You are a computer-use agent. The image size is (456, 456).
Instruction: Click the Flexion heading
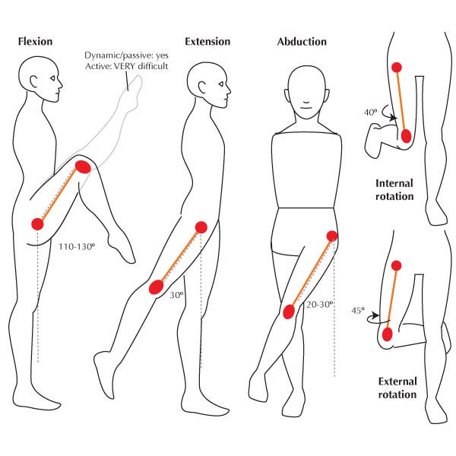[x=36, y=40]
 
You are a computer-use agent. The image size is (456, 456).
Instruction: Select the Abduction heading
[x=302, y=42]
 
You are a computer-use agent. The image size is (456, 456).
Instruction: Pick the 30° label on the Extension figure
[x=176, y=294]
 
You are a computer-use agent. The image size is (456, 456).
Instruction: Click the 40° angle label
[x=371, y=112]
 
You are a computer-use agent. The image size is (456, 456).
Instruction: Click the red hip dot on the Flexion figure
[x=36, y=223]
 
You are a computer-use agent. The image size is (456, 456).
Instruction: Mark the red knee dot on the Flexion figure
[x=83, y=166]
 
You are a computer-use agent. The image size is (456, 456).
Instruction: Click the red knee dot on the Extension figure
[x=157, y=287]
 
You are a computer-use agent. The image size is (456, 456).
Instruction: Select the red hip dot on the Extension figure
[x=201, y=226]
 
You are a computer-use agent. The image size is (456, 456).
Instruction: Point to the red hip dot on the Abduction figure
[x=331, y=236]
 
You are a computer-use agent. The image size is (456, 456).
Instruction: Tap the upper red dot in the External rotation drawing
[x=396, y=264]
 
